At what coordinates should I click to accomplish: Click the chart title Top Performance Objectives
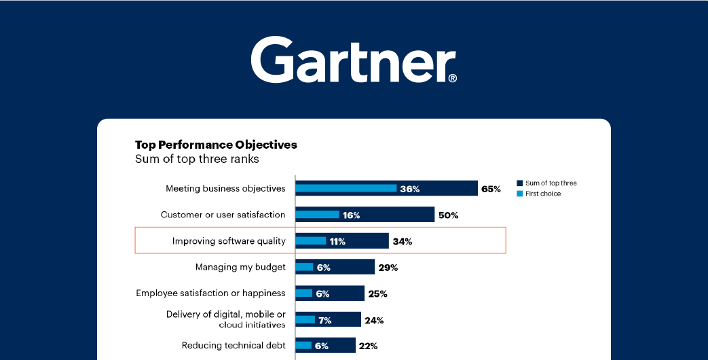tap(216, 145)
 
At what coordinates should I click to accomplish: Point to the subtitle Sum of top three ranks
tap(197, 160)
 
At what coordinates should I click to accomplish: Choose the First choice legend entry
tap(542, 194)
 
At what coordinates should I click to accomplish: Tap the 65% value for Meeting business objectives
tap(491, 189)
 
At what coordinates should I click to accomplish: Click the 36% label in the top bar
tap(410, 189)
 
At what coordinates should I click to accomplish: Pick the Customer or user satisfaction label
tap(223, 215)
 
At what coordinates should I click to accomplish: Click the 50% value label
tap(448, 215)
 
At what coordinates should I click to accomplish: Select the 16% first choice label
tap(351, 215)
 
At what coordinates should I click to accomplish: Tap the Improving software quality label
tap(229, 241)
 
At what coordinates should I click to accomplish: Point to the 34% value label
tap(402, 241)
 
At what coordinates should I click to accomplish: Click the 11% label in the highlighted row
tap(337, 241)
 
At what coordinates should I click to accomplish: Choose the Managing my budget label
tap(240, 267)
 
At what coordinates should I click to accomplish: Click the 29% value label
tap(388, 268)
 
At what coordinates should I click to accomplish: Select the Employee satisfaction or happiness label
tap(210, 293)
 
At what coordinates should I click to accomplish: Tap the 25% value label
tap(377, 294)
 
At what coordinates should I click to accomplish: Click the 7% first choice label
tap(324, 320)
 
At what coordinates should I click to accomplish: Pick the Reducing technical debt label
tap(234, 346)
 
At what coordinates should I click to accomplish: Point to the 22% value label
tap(368, 346)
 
